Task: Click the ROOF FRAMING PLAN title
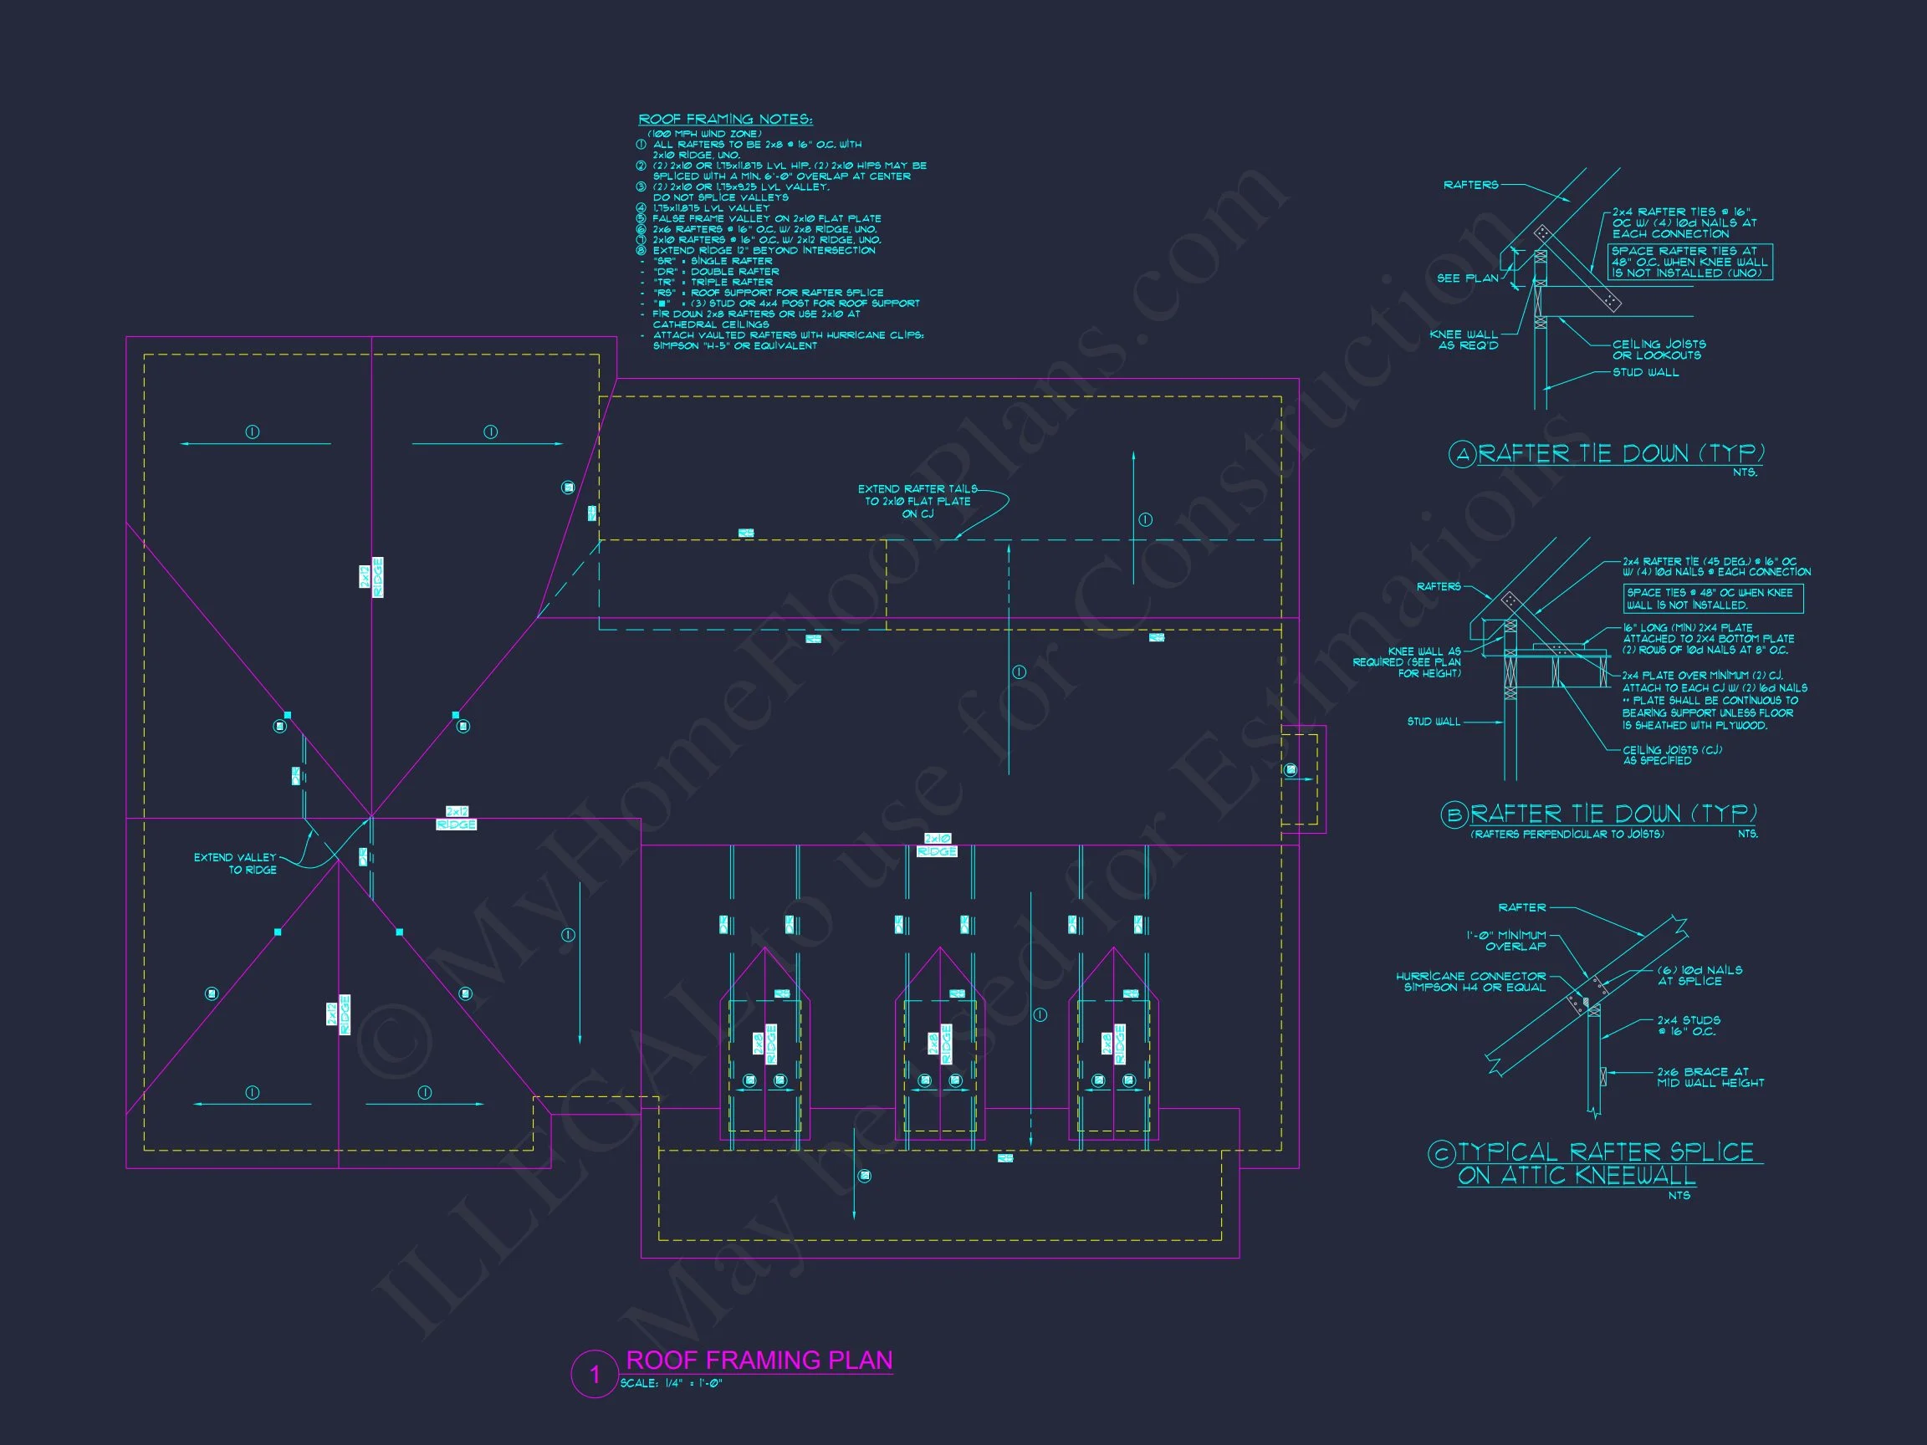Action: click(x=759, y=1361)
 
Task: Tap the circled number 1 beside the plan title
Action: click(x=595, y=1375)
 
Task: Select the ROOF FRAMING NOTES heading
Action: click(x=725, y=120)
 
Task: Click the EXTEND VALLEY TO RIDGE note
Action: click(x=235, y=863)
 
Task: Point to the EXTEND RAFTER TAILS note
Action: click(x=917, y=501)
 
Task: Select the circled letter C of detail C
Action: click(x=1442, y=1154)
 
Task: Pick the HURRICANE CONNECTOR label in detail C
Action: click(x=1470, y=982)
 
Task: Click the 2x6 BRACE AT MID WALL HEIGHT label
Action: click(x=1710, y=1077)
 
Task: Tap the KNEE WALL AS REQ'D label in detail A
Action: click(x=1464, y=340)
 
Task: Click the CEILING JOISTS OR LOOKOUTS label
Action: click(x=1659, y=350)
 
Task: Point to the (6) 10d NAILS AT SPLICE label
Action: click(x=1699, y=976)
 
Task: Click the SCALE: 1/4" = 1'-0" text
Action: click(x=671, y=1383)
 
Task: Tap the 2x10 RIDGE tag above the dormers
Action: click(x=937, y=845)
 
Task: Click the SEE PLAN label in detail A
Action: click(x=1467, y=278)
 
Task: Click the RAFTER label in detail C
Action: click(x=1522, y=907)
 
